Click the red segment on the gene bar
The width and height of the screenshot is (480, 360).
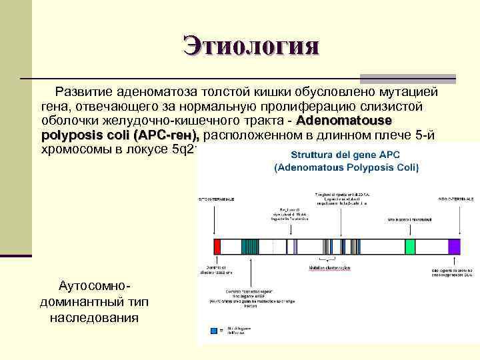coord(217,246)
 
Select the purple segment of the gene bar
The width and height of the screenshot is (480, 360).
coord(454,246)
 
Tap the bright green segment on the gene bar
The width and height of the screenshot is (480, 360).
coord(409,246)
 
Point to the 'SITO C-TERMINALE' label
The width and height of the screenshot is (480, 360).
coord(456,199)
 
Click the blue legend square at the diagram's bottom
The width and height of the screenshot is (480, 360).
coord(213,331)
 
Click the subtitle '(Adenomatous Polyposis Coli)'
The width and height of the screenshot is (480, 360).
coord(346,167)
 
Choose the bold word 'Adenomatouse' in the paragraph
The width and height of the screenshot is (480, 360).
coord(344,121)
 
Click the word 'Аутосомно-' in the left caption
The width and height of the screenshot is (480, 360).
coord(94,286)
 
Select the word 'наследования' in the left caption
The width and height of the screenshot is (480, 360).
coord(94,317)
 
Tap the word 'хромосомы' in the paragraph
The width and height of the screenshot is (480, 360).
coord(77,149)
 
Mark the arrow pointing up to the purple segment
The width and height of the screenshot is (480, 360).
coord(454,263)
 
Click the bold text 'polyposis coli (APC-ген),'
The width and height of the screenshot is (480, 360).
coord(120,135)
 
